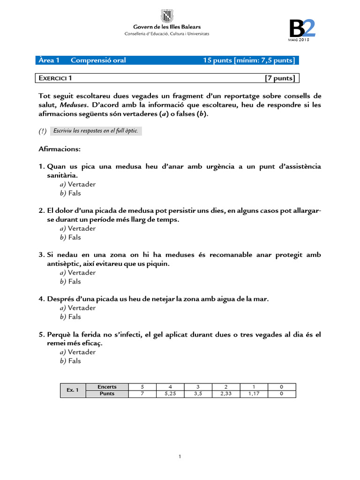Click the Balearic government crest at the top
tap(166, 16)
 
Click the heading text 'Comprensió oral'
tap(98, 60)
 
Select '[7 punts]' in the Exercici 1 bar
tap(280, 78)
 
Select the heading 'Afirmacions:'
tap(60, 149)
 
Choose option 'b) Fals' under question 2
tap(70, 237)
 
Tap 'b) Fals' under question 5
tap(70, 361)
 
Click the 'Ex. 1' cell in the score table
tap(73, 390)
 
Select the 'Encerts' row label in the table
tap(107, 387)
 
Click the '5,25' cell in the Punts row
tap(170, 394)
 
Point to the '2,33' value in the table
tap(226, 394)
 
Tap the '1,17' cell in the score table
tap(254, 394)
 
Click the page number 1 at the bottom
tap(180, 457)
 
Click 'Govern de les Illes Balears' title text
tap(166, 28)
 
